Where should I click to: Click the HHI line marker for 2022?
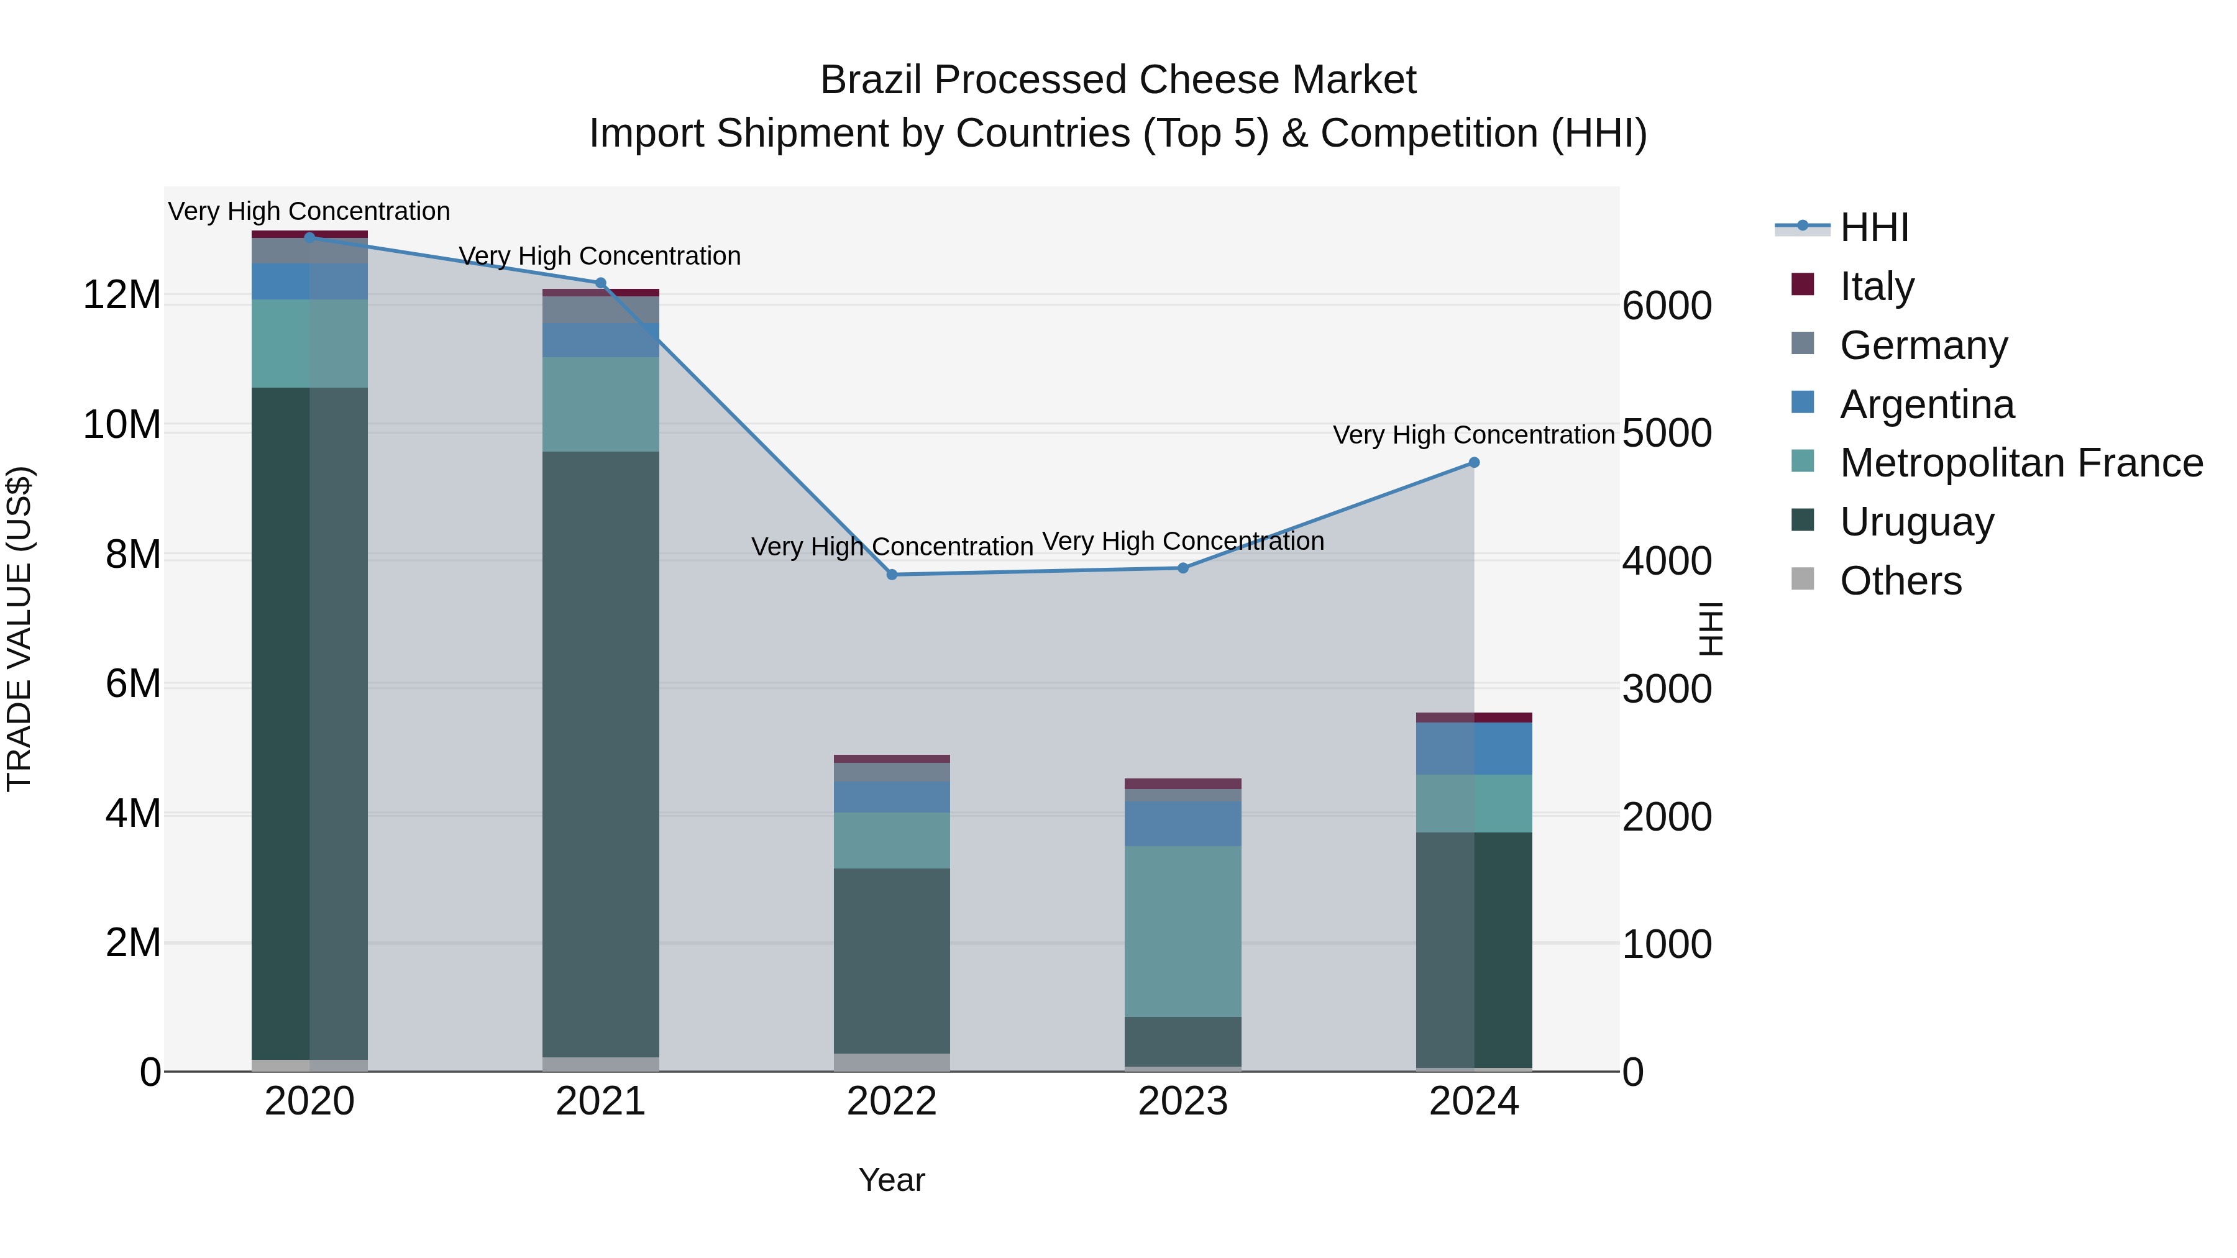[892, 575]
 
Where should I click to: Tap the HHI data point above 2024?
[1474, 463]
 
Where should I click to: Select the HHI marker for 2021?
[600, 283]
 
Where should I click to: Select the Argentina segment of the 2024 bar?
[1474, 749]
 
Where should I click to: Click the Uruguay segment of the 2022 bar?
[892, 960]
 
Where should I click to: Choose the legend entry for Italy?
[1876, 286]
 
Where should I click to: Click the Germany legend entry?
[1923, 345]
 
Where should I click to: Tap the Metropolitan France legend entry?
[2020, 463]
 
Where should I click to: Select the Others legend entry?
[1900, 581]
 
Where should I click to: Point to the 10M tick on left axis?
[122, 424]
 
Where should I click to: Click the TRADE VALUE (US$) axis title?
[19, 629]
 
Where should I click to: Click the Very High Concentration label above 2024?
[1474, 435]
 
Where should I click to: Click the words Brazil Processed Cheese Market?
[1118, 80]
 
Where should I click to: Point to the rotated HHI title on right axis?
[1709, 629]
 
